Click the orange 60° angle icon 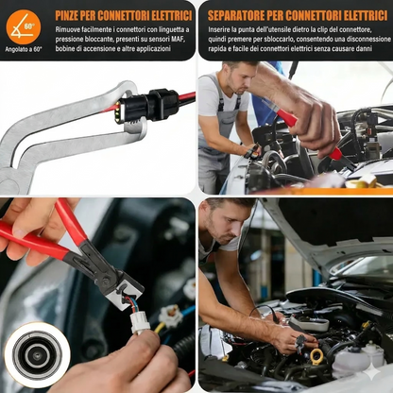[x=23, y=23]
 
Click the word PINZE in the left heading [x=72, y=15]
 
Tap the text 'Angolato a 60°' [x=23, y=49]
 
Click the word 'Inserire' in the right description [x=221, y=30]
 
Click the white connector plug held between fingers [x=141, y=320]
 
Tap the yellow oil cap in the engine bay [x=316, y=355]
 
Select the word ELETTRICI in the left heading [x=162, y=15]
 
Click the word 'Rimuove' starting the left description [x=70, y=30]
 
